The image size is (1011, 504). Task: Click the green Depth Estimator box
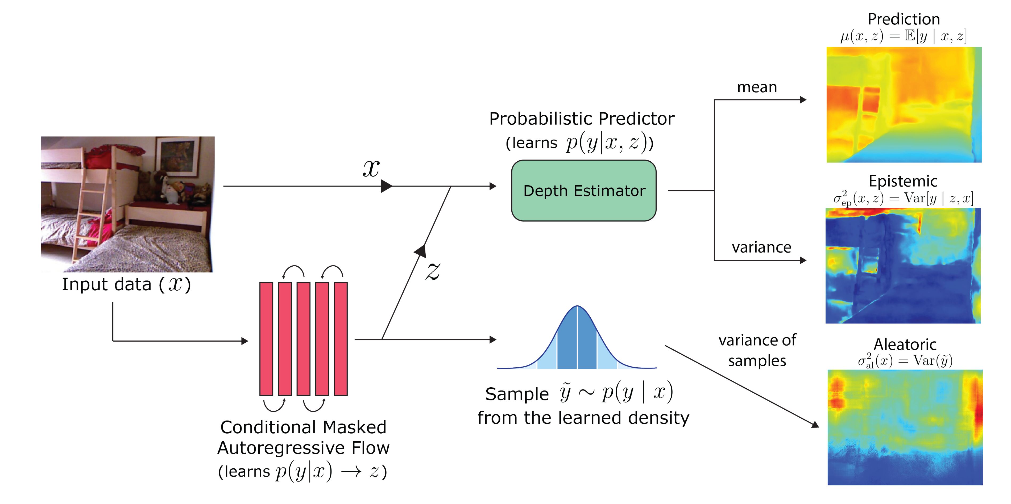[x=584, y=191]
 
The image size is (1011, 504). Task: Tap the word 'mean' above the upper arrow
[x=757, y=87]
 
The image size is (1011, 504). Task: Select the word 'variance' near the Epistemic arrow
[x=761, y=247]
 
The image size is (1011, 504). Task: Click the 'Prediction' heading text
[x=904, y=19]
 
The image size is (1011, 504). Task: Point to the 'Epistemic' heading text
[x=903, y=181]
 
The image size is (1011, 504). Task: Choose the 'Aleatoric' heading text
[x=905, y=344]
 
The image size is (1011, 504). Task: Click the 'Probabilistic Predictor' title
[x=582, y=119]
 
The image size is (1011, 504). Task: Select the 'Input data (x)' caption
[x=126, y=284]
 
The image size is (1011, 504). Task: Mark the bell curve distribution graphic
[x=577, y=337]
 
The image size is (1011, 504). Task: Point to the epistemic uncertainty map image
[x=903, y=266]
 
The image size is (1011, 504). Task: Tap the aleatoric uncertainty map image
[x=905, y=427]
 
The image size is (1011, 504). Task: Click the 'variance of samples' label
[x=757, y=350]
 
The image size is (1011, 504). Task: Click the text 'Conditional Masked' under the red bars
[x=303, y=427]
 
